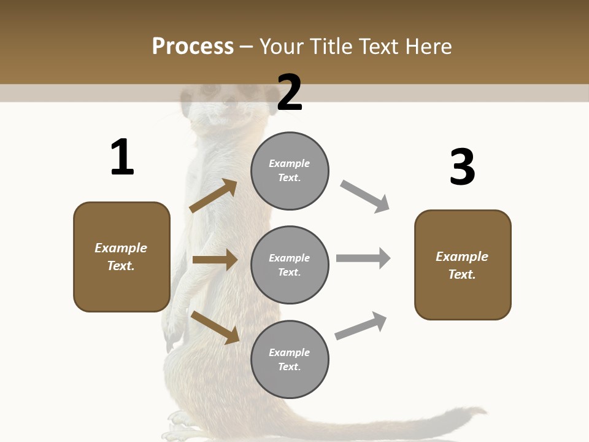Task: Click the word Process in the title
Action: coord(193,47)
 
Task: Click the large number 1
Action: coord(122,158)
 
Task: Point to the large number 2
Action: coord(290,92)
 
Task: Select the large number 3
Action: coord(462,167)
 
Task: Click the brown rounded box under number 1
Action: coord(121,257)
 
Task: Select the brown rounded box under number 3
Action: coord(463,265)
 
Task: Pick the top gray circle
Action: coord(290,171)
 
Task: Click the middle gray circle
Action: coord(290,265)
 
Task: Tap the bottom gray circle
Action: coord(290,359)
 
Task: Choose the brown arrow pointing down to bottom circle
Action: coord(215,327)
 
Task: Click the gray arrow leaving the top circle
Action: coord(365,196)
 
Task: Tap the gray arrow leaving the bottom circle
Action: coord(361,325)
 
